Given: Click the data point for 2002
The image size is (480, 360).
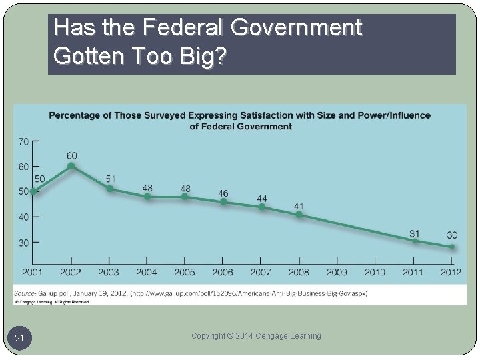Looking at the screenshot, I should pyautogui.click(x=71, y=166).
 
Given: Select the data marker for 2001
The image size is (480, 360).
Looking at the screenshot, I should pyautogui.click(x=33, y=191).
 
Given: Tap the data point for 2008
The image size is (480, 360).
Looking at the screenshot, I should pyautogui.click(x=299, y=215).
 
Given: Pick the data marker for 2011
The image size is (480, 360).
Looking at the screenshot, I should pyautogui.click(x=414, y=241).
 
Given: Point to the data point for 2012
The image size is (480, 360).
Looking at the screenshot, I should pyautogui.click(x=452, y=247).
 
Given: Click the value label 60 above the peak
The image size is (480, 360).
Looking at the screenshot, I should pyautogui.click(x=72, y=155).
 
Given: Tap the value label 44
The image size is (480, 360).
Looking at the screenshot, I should pyautogui.click(x=262, y=199).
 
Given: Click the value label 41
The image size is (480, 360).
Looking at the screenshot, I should pyautogui.click(x=299, y=206).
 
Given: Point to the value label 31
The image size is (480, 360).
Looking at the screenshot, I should pyautogui.click(x=414, y=233).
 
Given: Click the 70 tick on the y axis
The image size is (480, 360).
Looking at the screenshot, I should pyautogui.click(x=23, y=141).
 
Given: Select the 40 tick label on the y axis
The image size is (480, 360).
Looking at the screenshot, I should pyautogui.click(x=23, y=217).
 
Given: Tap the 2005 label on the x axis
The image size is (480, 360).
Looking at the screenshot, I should pyautogui.click(x=185, y=272).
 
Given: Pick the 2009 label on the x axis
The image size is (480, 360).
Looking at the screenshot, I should pyautogui.click(x=337, y=272).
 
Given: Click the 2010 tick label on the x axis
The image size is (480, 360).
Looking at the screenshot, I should pyautogui.click(x=375, y=272).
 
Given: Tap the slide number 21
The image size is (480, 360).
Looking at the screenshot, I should pyautogui.click(x=20, y=339).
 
